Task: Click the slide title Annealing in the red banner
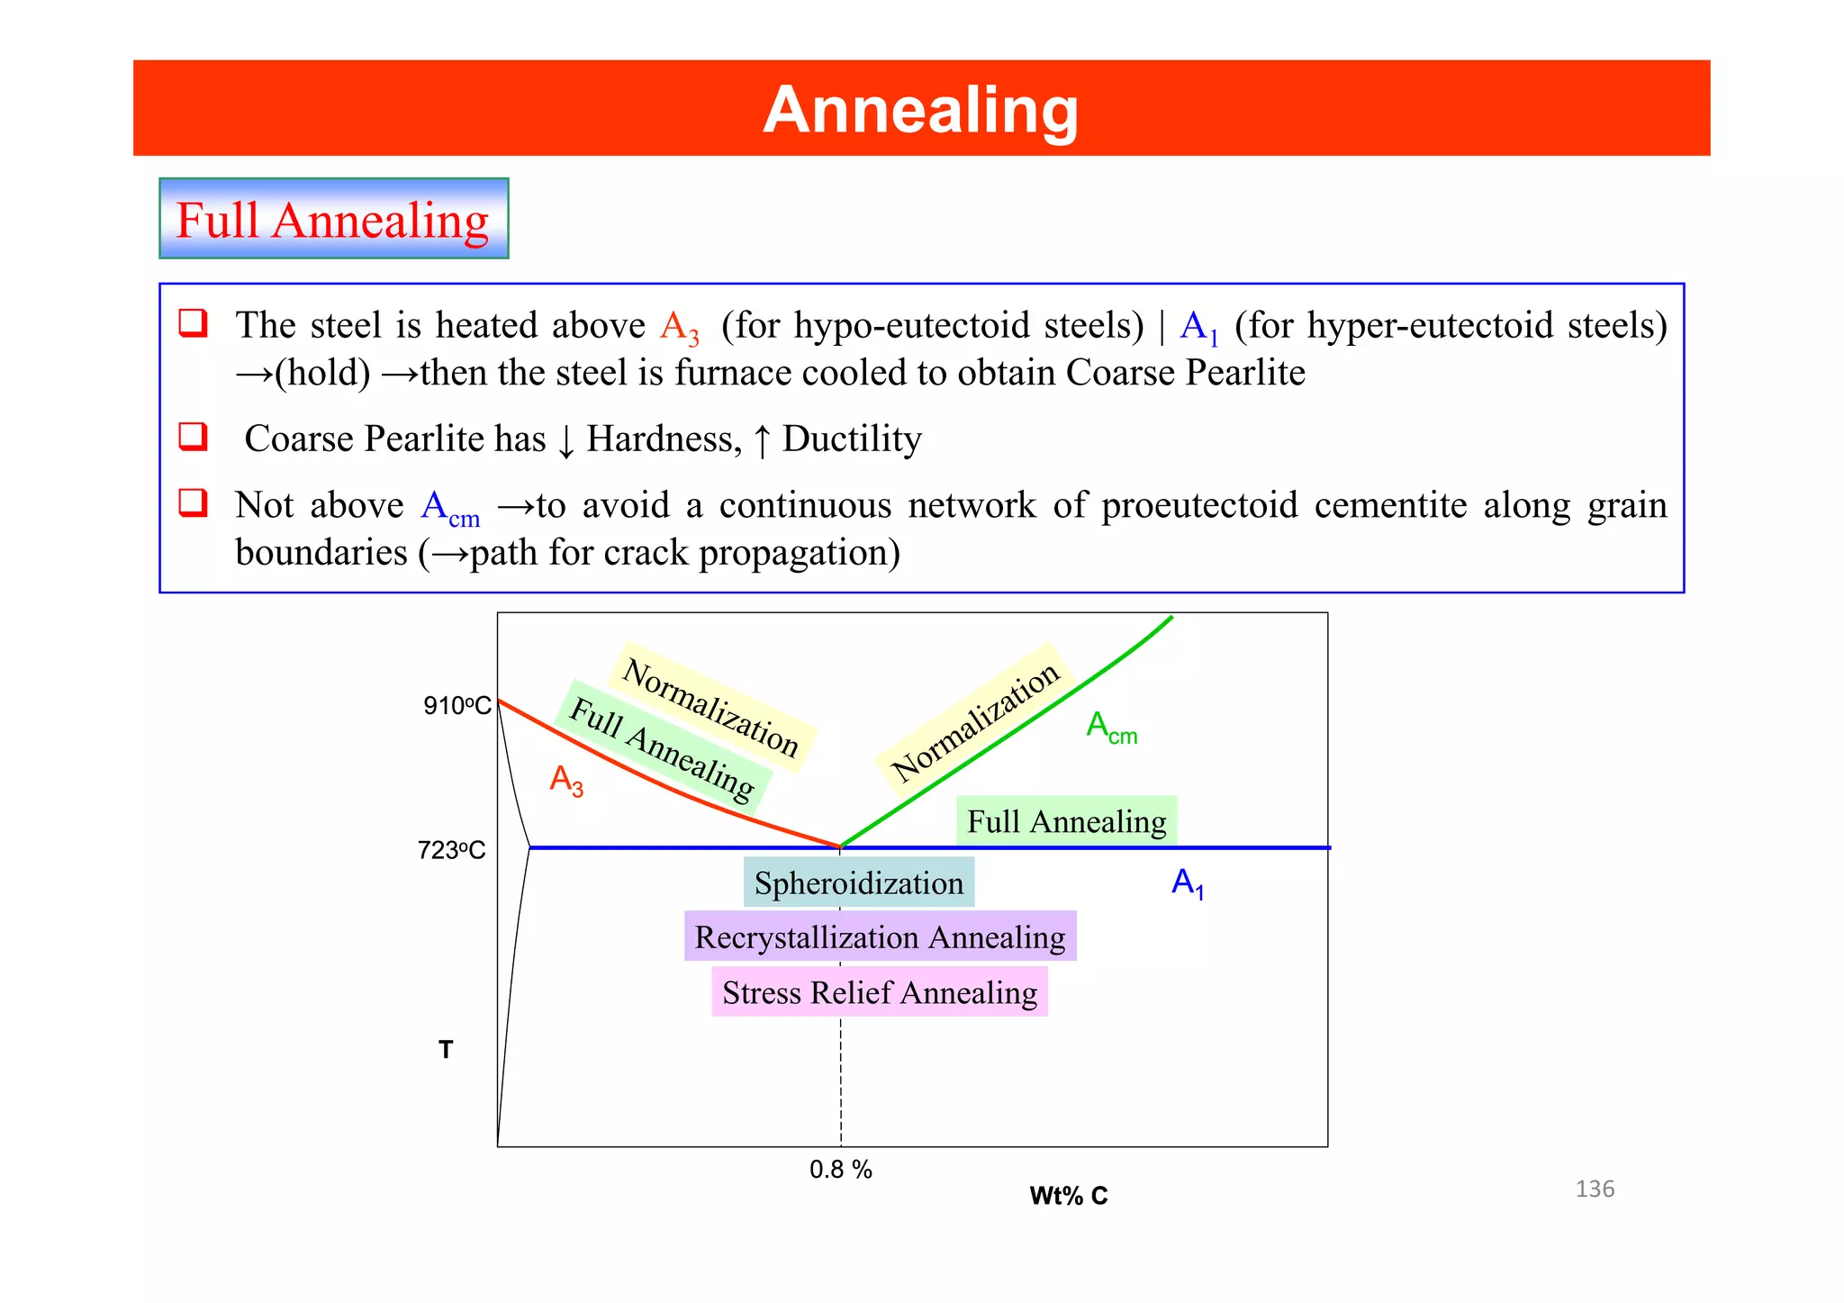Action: click(x=920, y=110)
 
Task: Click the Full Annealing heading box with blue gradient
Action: click(x=333, y=219)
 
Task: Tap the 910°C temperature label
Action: click(x=457, y=705)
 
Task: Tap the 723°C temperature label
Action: click(x=451, y=850)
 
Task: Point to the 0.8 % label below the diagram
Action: click(x=840, y=1170)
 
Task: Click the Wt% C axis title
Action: click(x=1068, y=1196)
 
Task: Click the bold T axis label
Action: click(x=446, y=1049)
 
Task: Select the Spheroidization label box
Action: click(x=858, y=883)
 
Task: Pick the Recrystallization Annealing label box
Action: click(x=880, y=937)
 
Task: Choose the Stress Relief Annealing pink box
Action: click(x=880, y=992)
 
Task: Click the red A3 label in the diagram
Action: click(x=566, y=780)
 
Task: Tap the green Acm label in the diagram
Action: click(x=1111, y=728)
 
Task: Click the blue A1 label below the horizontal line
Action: click(x=1187, y=882)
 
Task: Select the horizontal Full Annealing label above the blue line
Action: click(x=1066, y=821)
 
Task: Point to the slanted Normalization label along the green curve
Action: click(x=975, y=721)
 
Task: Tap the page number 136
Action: click(x=1595, y=1189)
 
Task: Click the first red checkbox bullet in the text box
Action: click(x=194, y=322)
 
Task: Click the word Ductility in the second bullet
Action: click(x=851, y=439)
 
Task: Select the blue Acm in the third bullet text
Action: click(x=449, y=508)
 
